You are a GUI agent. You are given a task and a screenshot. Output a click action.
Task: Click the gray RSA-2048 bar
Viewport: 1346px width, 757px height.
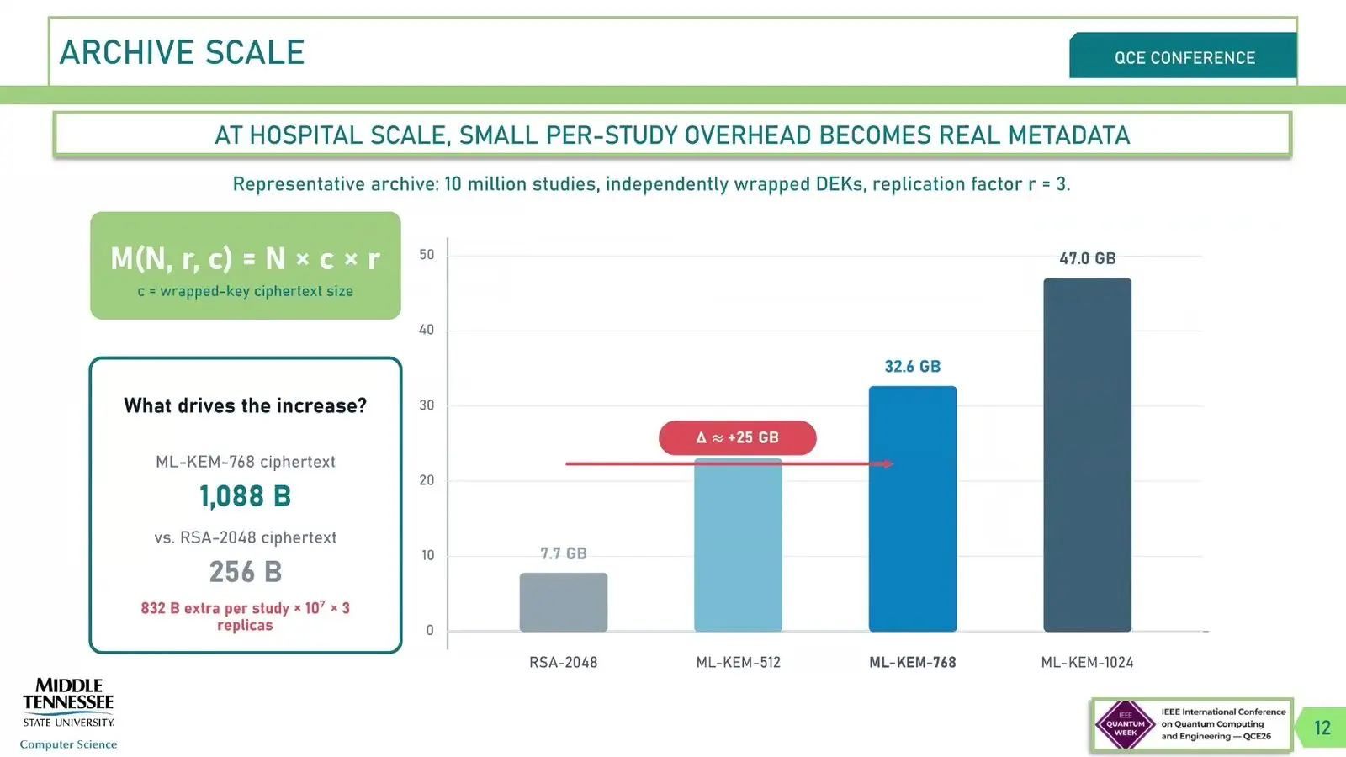[x=563, y=602]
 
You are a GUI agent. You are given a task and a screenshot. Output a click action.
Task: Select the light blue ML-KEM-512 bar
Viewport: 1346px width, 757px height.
[x=738, y=545]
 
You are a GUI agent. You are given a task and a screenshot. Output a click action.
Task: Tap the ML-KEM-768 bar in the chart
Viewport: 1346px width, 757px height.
[x=913, y=509]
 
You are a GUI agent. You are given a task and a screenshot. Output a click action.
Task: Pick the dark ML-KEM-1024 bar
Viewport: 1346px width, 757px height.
[x=1087, y=455]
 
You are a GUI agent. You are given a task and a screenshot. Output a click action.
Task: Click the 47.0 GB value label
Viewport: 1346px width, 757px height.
[x=1088, y=259]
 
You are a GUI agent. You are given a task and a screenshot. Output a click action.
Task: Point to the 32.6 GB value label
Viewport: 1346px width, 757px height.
[x=913, y=367]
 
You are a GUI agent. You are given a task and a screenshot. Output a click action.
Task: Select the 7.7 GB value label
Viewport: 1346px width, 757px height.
[x=563, y=553]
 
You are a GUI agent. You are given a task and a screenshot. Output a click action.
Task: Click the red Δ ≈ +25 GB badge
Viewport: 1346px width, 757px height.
[x=737, y=437]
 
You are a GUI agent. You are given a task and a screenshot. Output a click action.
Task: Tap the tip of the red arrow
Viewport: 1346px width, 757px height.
[x=893, y=463]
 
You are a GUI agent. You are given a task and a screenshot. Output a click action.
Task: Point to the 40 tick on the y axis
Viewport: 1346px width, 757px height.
[x=426, y=330]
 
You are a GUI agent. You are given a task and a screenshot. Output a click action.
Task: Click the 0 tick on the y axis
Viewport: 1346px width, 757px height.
[x=430, y=630]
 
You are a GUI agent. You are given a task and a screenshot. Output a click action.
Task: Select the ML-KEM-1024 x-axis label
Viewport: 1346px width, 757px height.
[x=1087, y=663]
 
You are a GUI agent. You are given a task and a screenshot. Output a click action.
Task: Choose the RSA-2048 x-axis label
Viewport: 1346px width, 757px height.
[x=563, y=663]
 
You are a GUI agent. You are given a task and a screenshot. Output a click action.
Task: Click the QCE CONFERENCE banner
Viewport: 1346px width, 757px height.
[x=1183, y=56]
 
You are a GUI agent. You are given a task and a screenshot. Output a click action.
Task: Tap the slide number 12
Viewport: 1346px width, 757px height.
[x=1322, y=728]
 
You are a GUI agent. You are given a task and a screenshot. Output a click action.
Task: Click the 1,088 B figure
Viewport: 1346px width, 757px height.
[x=245, y=497]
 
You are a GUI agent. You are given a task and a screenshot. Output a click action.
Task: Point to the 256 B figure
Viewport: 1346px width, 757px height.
[x=245, y=572]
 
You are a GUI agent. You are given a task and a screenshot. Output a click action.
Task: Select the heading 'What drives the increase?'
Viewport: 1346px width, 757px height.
[x=245, y=405]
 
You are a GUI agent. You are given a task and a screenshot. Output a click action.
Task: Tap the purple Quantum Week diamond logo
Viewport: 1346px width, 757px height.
[x=1126, y=724]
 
